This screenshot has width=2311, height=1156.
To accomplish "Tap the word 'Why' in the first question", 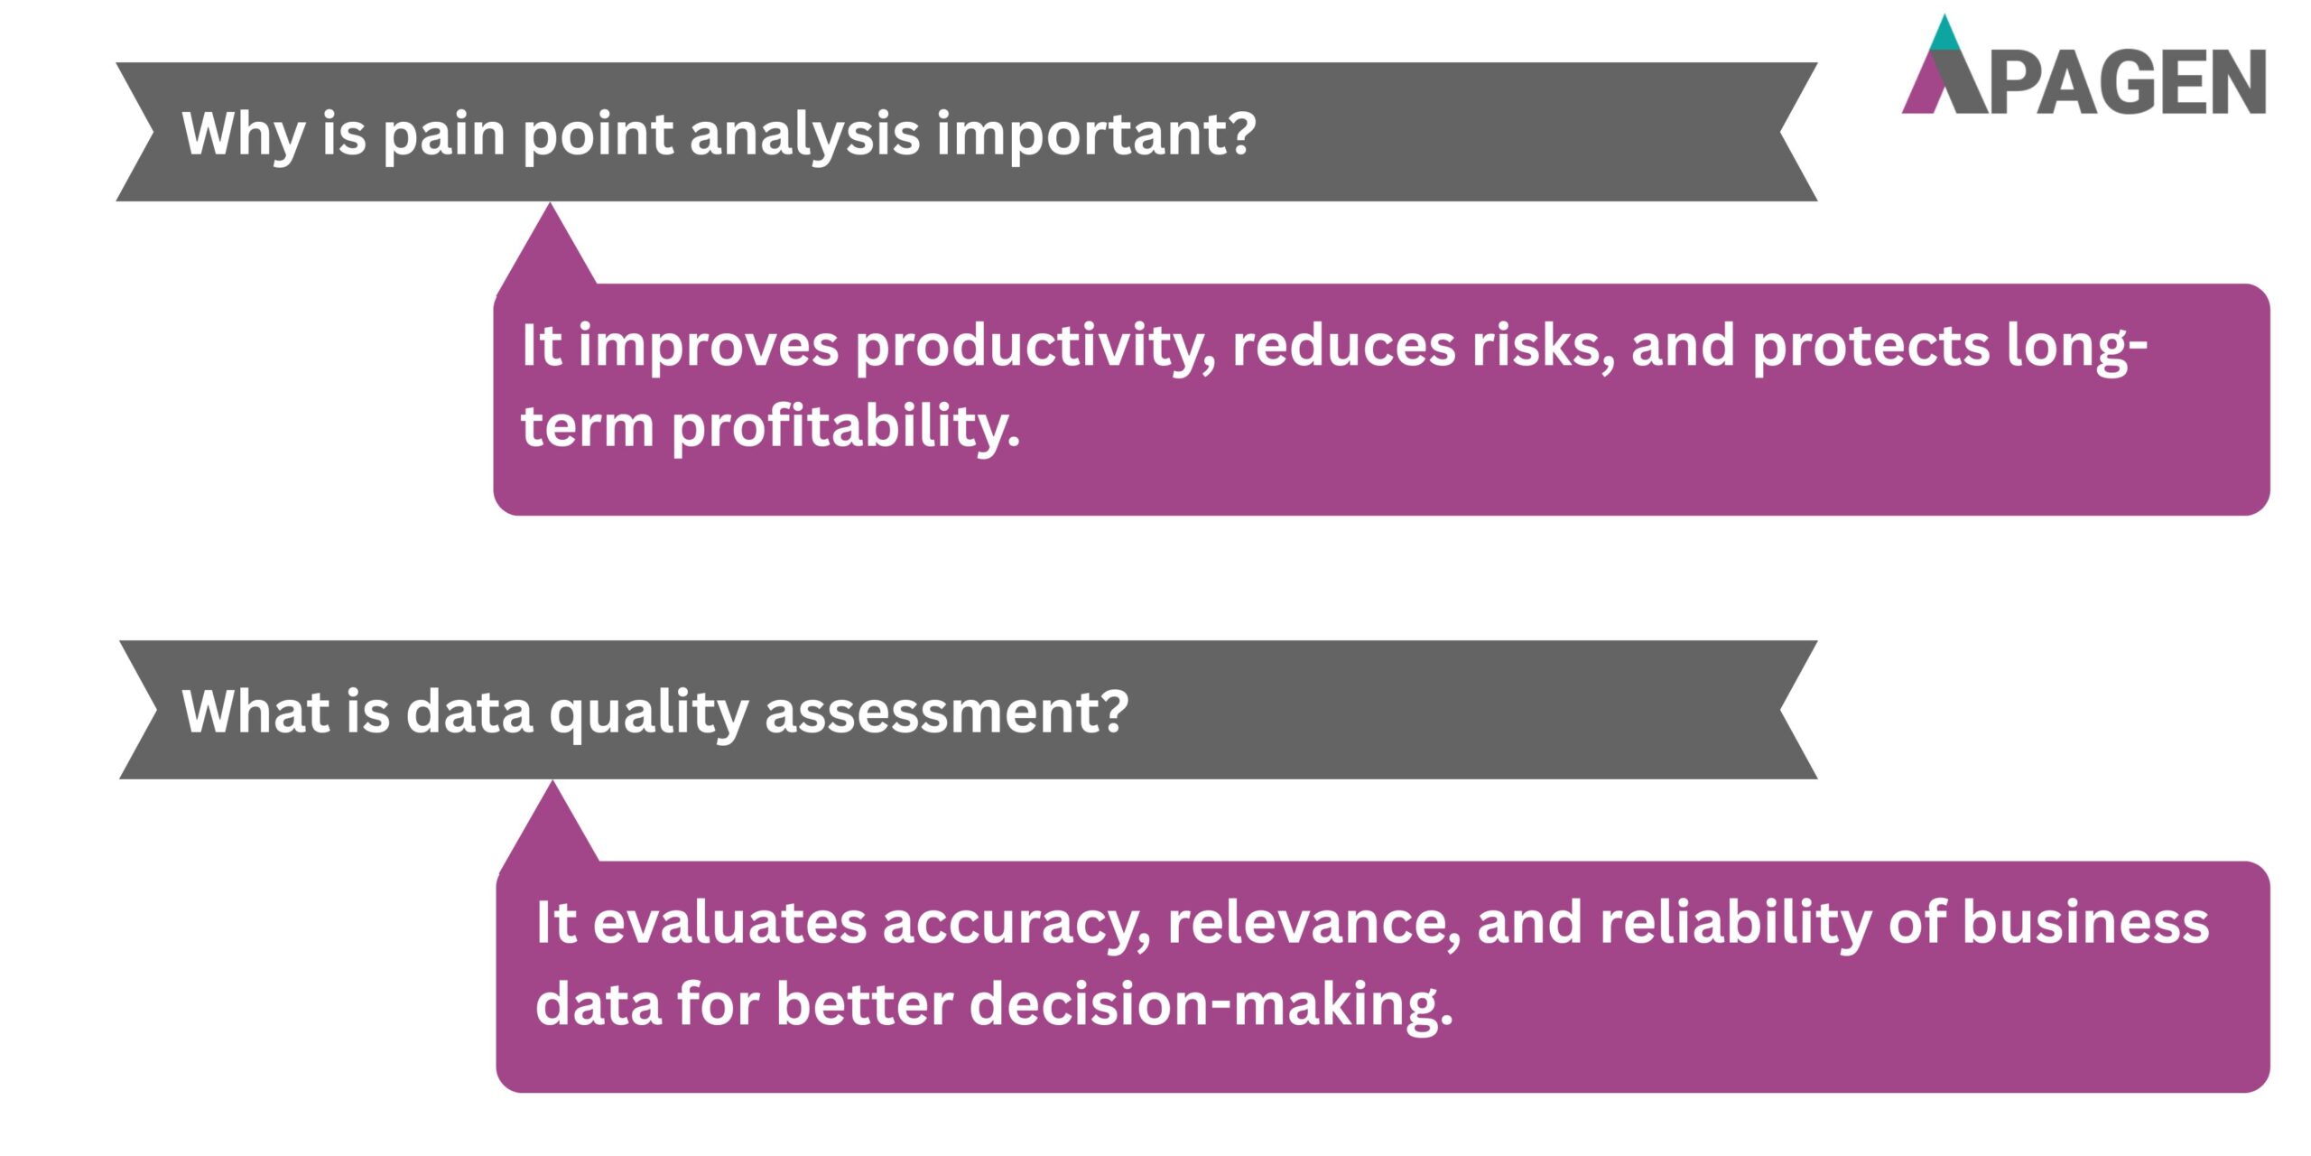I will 243,135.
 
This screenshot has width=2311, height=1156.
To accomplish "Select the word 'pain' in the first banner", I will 443,135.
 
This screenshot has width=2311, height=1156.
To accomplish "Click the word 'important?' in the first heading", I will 1095,135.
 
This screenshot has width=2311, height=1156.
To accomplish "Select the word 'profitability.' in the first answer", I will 846,426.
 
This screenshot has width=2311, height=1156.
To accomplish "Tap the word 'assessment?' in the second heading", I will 946,712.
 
